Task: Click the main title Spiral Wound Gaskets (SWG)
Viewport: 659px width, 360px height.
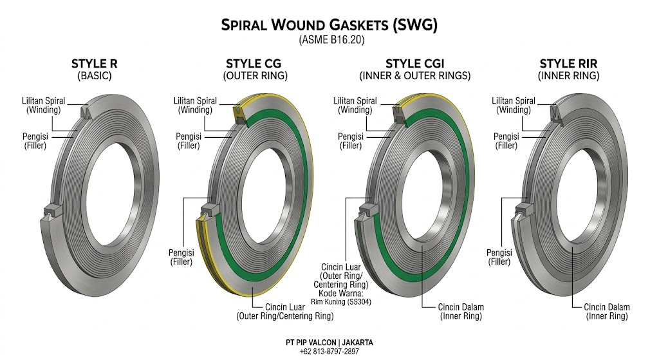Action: coord(329,25)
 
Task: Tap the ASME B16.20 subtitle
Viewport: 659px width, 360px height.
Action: coord(329,41)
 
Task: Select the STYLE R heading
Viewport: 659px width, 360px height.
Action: coord(94,64)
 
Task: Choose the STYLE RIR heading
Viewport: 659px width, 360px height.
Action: coord(568,64)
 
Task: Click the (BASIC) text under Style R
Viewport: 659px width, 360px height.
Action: coord(94,76)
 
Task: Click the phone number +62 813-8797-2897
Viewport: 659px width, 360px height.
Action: coord(329,352)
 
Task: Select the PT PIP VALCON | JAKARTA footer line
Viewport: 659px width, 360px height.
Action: coord(329,343)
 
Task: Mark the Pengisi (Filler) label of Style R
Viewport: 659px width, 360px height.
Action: coord(37,141)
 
